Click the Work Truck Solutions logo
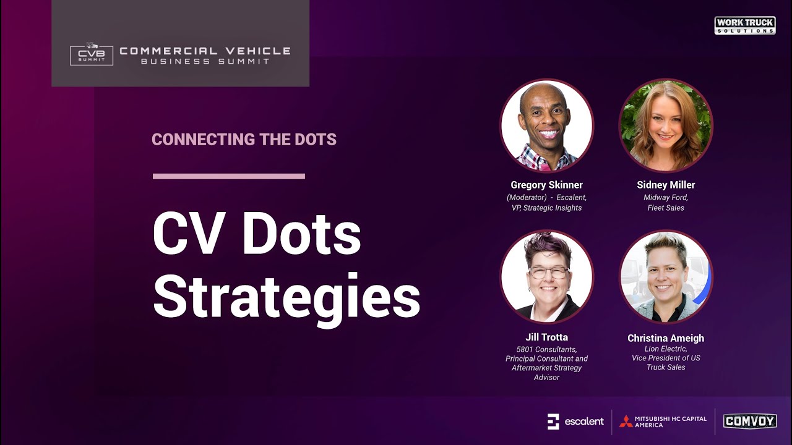pos(745,25)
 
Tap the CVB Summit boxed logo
pos(92,54)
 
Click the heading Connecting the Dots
pos(244,140)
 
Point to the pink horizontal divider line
pos(229,176)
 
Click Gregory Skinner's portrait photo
pos(547,126)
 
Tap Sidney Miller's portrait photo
pos(666,126)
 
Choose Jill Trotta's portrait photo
pos(547,277)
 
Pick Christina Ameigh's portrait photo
pos(666,277)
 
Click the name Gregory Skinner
pos(546,185)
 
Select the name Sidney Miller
pos(666,185)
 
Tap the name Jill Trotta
pos(546,337)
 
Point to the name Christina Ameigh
pos(666,338)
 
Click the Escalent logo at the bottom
pos(575,422)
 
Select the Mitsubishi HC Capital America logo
pos(663,422)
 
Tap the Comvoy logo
pos(750,422)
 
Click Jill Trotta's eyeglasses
pos(548,272)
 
